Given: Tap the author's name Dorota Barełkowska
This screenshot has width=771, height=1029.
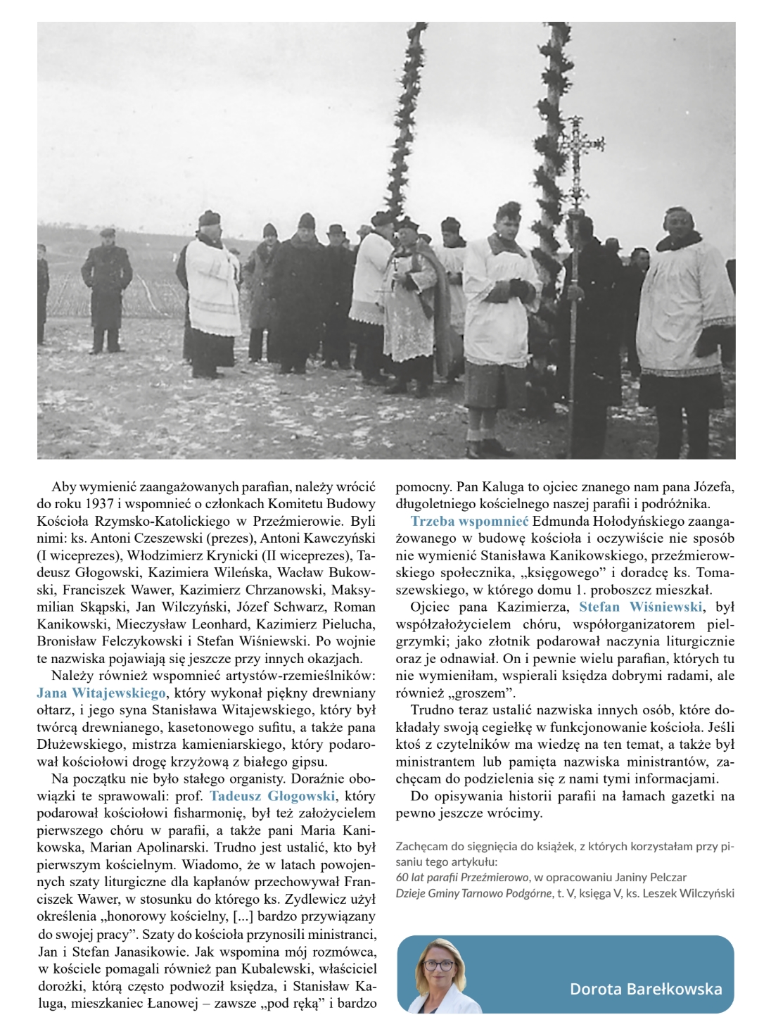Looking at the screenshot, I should click(645, 988).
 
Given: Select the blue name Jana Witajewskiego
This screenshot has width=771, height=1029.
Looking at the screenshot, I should click(101, 693).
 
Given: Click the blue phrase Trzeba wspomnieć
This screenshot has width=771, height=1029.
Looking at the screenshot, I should click(469, 522).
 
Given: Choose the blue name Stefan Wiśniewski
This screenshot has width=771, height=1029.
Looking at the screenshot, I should click(641, 607).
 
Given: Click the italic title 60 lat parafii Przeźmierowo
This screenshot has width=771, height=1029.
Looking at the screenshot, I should click(461, 877).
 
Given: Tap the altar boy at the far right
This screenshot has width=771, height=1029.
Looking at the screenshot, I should click(680, 331).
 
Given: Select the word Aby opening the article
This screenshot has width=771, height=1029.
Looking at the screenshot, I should click(62, 487).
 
